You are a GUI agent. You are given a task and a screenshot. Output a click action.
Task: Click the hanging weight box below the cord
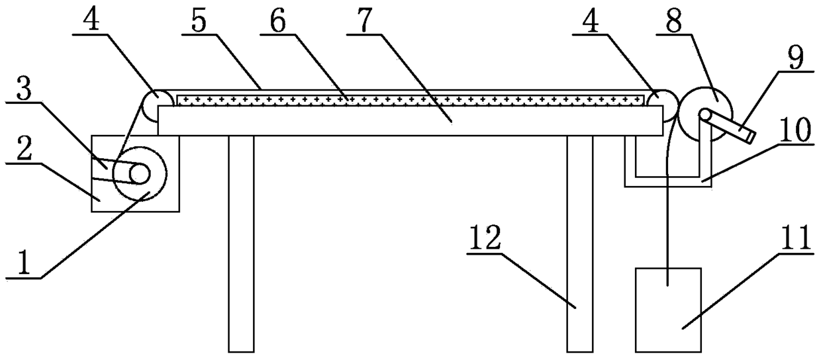(x=668, y=308)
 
